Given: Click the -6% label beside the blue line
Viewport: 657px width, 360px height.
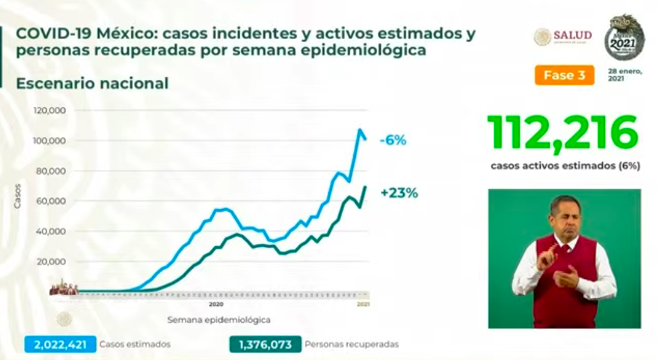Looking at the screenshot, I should click(393, 140).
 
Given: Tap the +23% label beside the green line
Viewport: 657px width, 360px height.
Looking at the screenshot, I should click(399, 194).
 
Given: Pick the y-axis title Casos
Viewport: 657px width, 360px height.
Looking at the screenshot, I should click(18, 197).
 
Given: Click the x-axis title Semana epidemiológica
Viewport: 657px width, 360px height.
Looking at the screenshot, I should click(219, 320).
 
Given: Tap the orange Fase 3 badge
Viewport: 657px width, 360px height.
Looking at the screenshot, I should click(564, 75).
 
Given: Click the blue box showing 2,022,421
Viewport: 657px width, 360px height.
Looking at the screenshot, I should click(60, 344).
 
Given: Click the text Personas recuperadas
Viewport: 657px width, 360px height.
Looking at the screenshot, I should click(351, 344).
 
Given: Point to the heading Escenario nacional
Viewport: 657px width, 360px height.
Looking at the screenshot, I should click(92, 84).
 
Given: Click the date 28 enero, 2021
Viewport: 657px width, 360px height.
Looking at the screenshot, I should click(624, 75).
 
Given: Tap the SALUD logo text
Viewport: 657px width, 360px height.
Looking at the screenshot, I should click(572, 35).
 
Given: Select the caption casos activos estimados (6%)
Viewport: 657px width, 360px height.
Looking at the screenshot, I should click(565, 166).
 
